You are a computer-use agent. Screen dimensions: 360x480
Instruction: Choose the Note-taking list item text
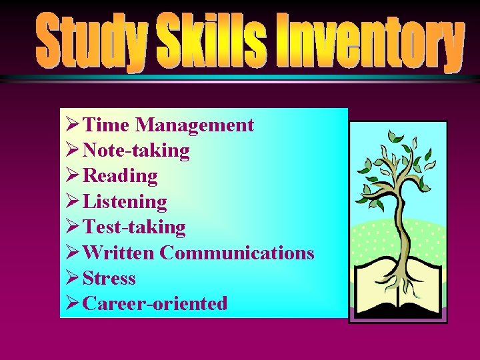[x=136, y=151]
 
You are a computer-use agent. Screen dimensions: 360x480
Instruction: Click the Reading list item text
[x=120, y=176]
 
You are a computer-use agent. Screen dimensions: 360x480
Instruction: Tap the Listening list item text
[x=125, y=201]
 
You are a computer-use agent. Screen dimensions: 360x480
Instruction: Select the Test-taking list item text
[x=134, y=227]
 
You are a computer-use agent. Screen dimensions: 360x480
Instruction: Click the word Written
[x=119, y=253]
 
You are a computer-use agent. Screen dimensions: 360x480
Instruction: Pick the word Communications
[x=237, y=253]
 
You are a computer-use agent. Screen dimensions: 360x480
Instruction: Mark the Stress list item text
[x=109, y=278]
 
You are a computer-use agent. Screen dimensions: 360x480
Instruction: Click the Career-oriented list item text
[x=155, y=303]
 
